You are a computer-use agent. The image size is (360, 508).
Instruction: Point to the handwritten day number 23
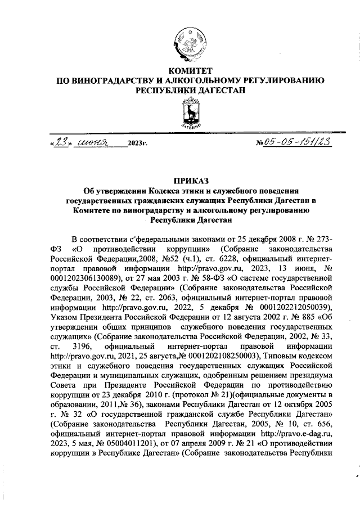click(60, 142)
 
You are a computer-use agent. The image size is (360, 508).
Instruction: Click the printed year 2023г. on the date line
click(137, 145)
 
